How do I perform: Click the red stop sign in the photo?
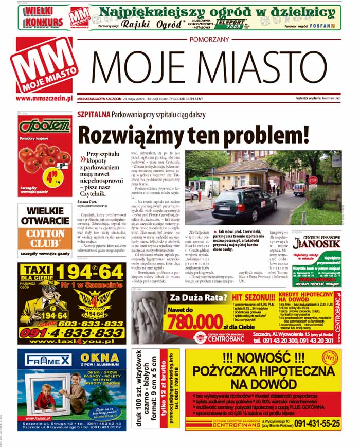coord(313,180)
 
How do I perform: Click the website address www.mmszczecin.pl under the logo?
coord(44,98)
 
